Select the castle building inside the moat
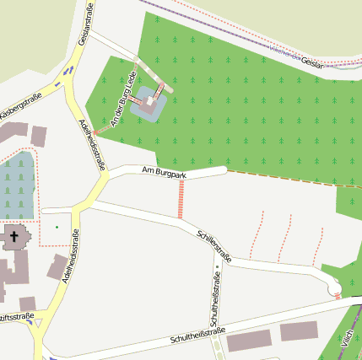pyautogui.click(x=151, y=102)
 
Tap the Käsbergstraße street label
pyautogui.click(x=20, y=106)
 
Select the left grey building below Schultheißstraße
pyautogui.click(x=250, y=340)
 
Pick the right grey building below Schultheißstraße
pyautogui.click(x=300, y=330)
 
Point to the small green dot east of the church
pyautogui.click(x=57, y=226)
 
